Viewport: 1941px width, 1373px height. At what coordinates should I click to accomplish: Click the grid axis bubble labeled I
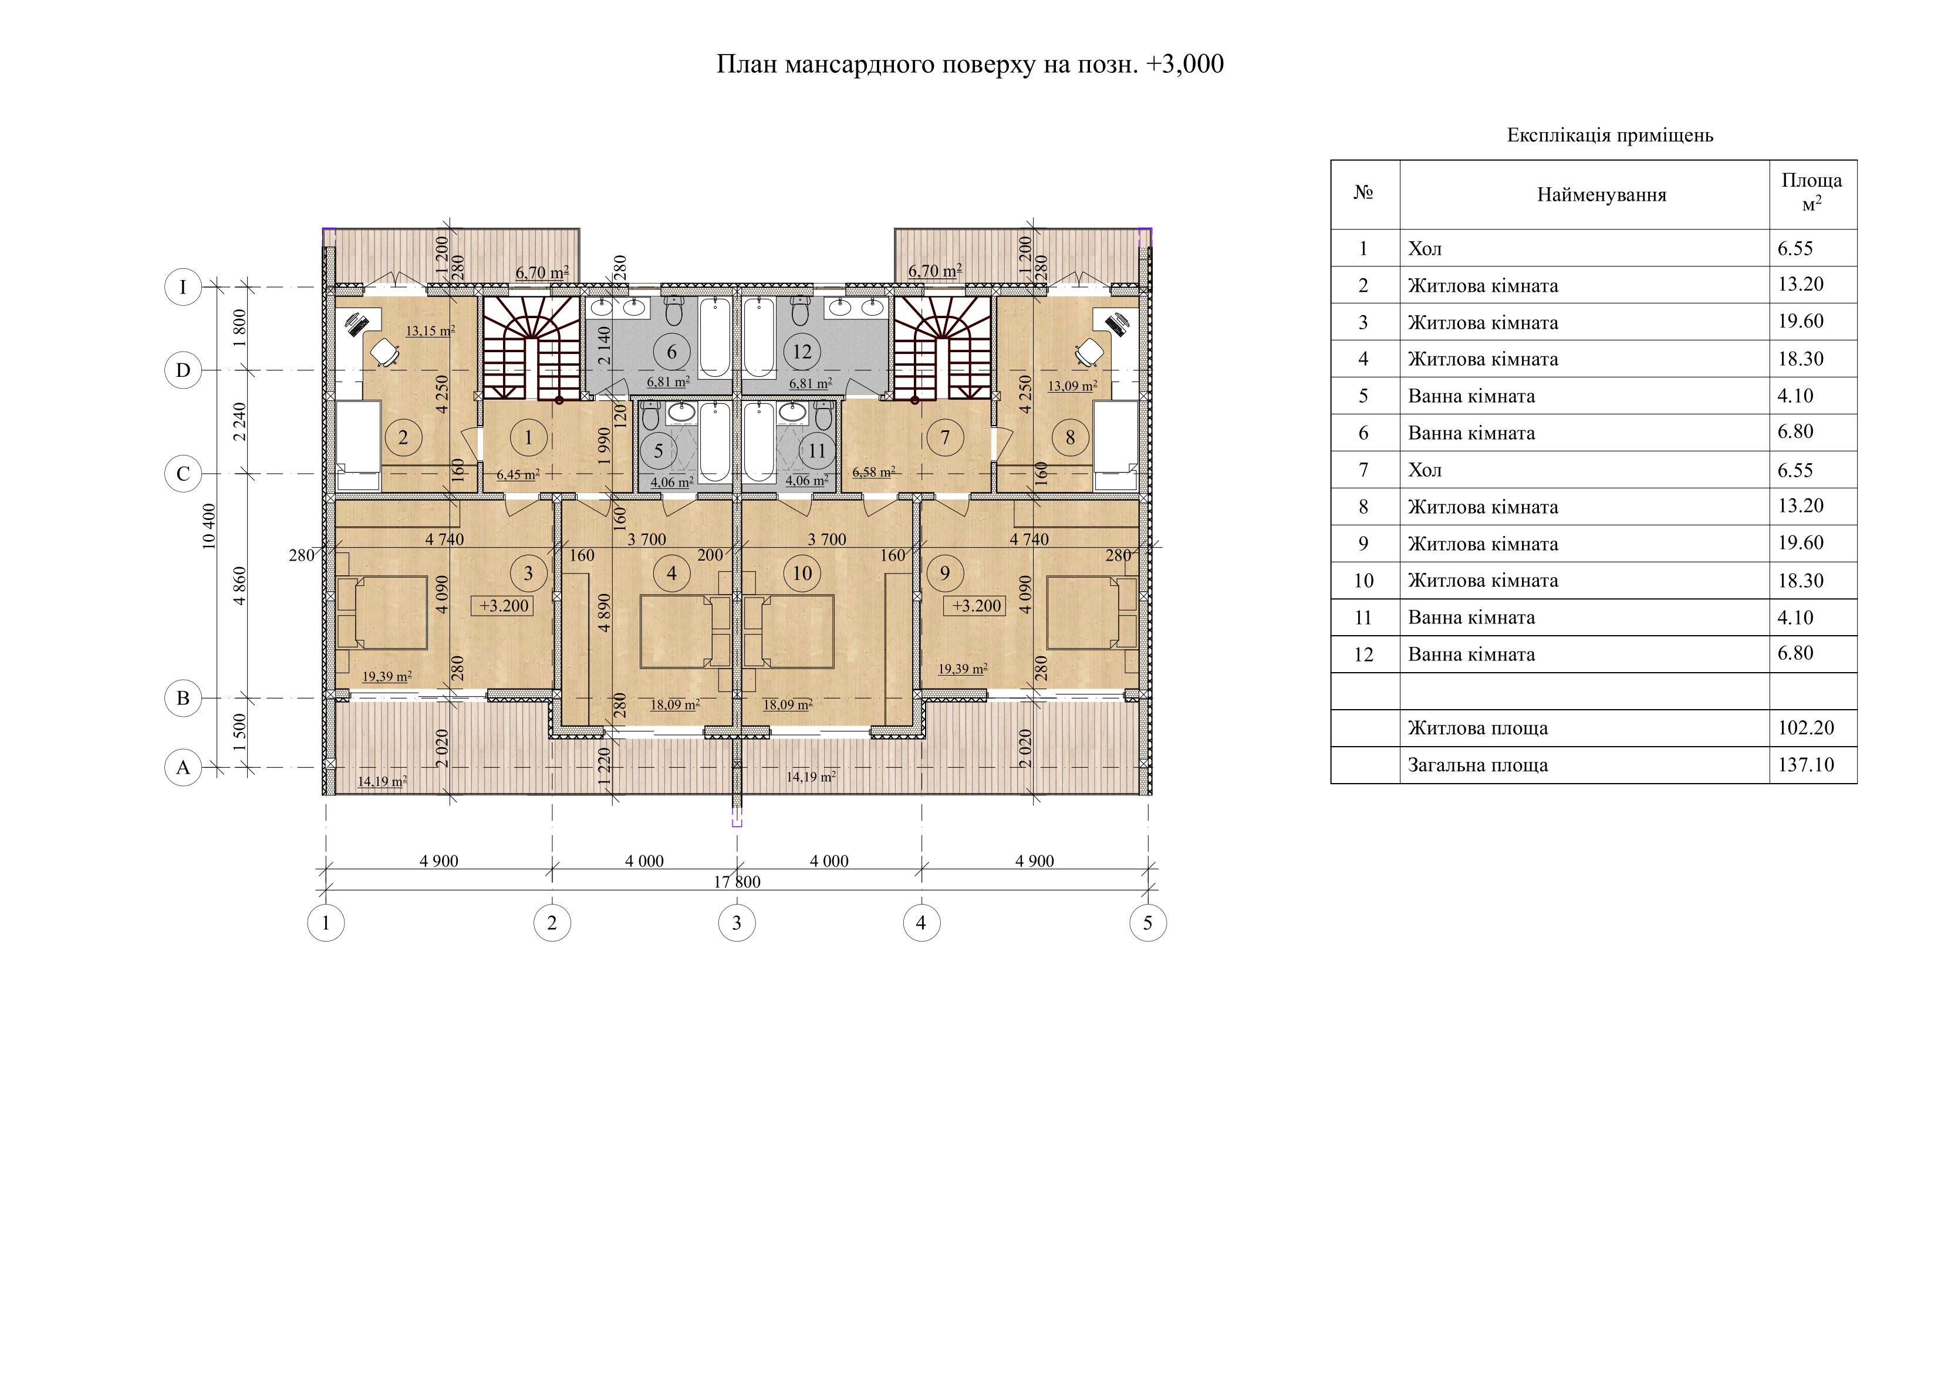pos(183,288)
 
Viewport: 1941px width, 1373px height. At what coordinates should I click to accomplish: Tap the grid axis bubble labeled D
pos(183,370)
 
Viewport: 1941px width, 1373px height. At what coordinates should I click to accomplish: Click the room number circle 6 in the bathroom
pos(672,352)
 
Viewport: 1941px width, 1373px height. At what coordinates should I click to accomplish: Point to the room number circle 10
pos(802,574)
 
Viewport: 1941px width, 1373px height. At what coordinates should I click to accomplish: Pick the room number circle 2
pos(403,437)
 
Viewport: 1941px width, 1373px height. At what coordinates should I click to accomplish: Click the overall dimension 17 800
pos(737,882)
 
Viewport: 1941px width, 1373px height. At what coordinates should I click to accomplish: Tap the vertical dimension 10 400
pos(209,526)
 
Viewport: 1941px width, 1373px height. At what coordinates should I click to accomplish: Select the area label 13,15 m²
pos(430,330)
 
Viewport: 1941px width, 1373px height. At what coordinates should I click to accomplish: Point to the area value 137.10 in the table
pos(1806,765)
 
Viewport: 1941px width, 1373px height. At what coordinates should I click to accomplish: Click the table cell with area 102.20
pos(1806,728)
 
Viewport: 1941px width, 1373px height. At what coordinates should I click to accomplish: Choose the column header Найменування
pos(1601,195)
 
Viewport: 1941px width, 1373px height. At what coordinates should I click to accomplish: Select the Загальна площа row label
pos(1478,765)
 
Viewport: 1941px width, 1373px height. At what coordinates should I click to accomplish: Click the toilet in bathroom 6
pos(674,311)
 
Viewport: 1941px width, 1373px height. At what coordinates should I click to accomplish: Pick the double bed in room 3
pos(382,612)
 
